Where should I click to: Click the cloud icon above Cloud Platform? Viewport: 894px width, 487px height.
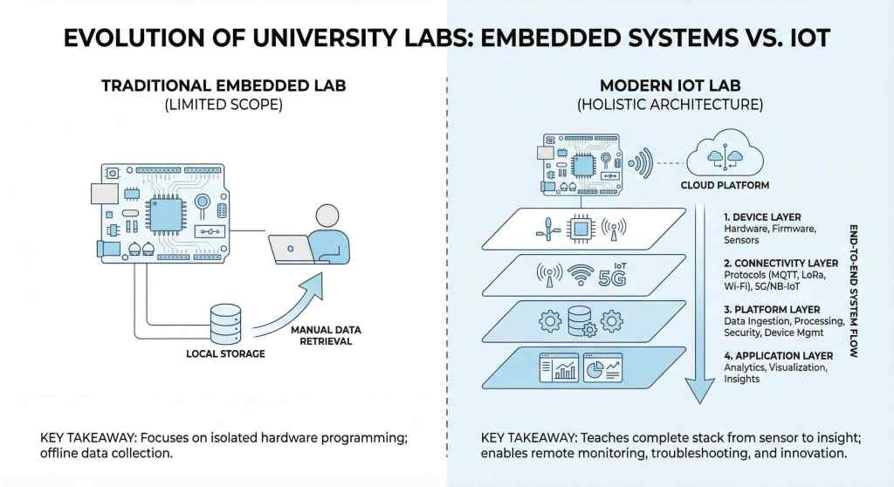[x=723, y=155]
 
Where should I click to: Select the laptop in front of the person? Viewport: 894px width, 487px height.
[x=292, y=249]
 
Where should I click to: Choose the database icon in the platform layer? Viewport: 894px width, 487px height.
[x=579, y=319]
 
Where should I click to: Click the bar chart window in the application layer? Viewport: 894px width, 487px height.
[x=560, y=367]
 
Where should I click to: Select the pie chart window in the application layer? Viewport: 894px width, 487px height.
[x=602, y=367]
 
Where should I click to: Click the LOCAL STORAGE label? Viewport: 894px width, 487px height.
[x=225, y=354]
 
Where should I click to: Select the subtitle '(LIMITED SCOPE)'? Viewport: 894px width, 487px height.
[x=223, y=105]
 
